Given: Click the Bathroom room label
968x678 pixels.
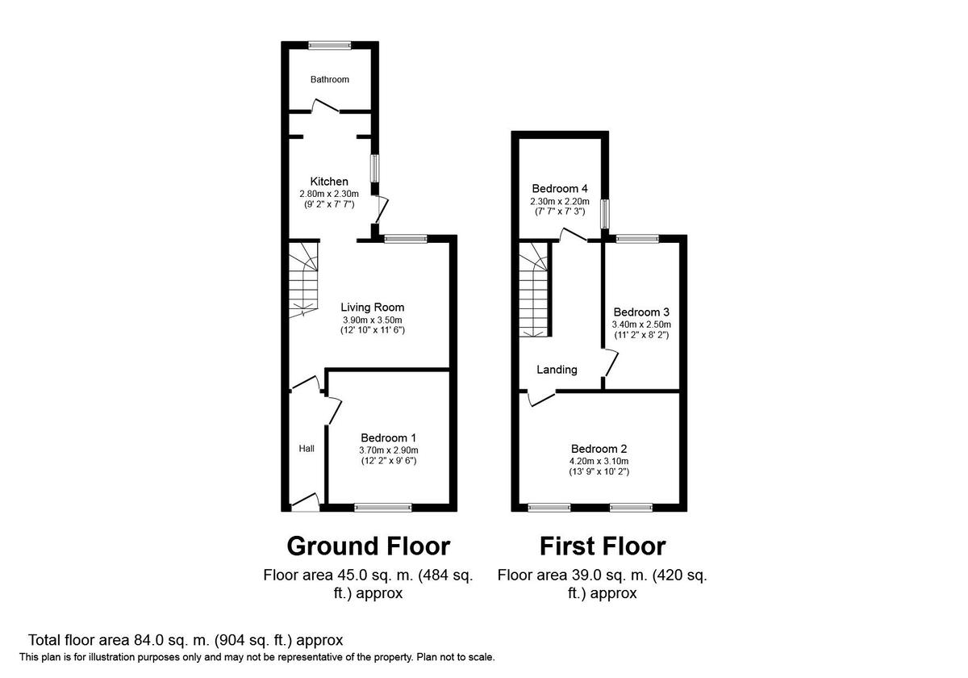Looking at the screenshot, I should click(x=330, y=79).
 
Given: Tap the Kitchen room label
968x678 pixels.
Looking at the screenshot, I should click(x=329, y=182).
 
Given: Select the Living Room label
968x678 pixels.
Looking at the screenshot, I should click(x=372, y=307).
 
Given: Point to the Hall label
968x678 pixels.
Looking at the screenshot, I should click(x=307, y=449).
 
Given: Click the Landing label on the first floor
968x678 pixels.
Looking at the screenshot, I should click(x=557, y=370).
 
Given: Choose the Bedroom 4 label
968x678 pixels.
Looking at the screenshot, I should click(x=559, y=189).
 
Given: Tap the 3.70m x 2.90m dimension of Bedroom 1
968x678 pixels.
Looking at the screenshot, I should click(x=389, y=450).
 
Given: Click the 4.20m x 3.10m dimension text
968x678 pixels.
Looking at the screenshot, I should click(x=599, y=461).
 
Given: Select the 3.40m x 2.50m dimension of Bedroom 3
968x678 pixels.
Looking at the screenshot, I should click(x=641, y=324).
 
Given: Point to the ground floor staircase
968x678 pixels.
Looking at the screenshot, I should click(x=303, y=278).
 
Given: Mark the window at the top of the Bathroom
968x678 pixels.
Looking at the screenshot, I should click(x=330, y=46).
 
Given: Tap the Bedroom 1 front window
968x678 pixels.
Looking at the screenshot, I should click(x=383, y=508).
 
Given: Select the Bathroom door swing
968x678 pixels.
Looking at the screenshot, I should click(x=326, y=105).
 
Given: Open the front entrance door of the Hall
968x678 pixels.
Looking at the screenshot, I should click(x=304, y=501).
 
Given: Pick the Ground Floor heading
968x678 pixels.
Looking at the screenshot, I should click(x=368, y=546).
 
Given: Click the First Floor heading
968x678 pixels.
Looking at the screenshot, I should click(x=602, y=546).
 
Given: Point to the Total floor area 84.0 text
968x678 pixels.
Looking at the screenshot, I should click(x=186, y=640).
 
